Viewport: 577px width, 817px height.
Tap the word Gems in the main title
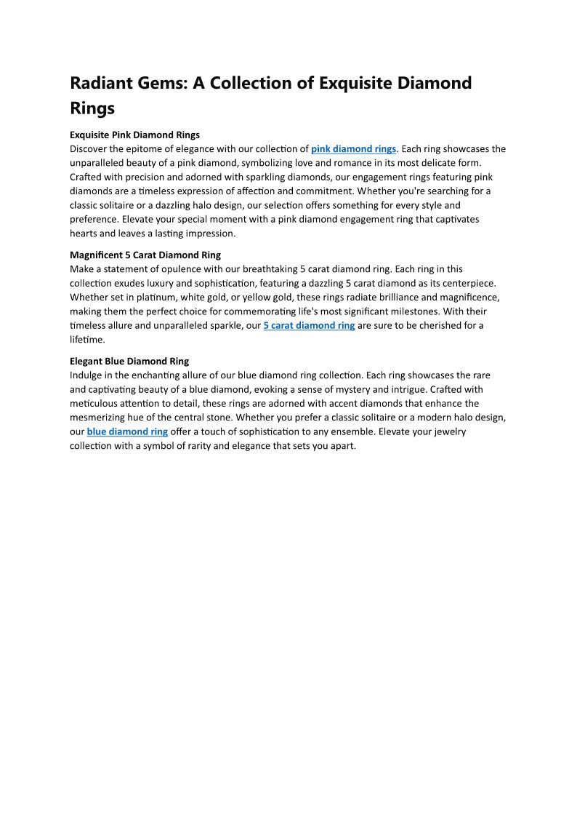pos(163,83)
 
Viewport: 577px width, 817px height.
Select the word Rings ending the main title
pos(92,108)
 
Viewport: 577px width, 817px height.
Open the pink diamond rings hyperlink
pos(353,149)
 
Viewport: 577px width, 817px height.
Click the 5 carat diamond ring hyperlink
pos(309,326)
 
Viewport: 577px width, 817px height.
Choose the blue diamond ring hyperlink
pos(127,431)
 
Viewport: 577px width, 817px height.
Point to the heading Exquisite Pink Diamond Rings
pos(134,135)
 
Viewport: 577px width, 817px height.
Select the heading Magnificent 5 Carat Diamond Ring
pos(145,255)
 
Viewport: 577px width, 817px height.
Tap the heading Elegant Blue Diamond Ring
pos(129,361)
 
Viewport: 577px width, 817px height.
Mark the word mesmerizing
pos(102,418)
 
